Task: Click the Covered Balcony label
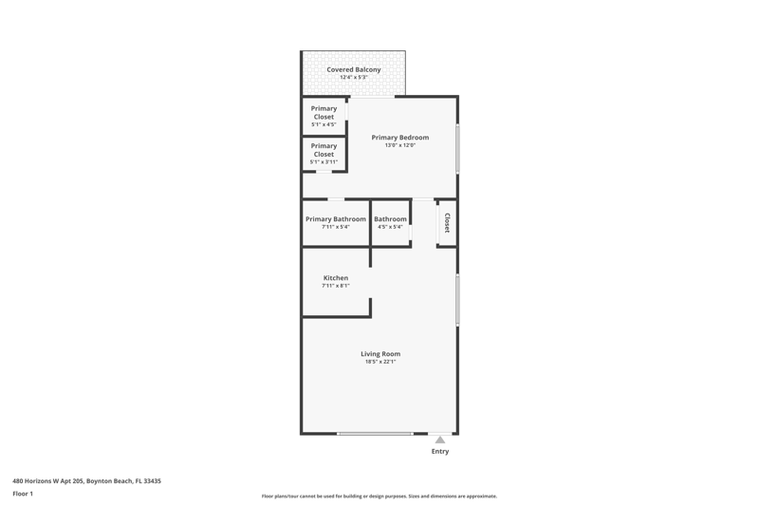tap(353, 69)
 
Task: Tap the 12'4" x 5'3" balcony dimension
tap(353, 78)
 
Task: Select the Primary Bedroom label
tap(399, 138)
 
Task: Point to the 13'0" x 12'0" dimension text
tap(399, 145)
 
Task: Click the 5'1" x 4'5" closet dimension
tap(324, 125)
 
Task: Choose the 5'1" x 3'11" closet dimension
tap(324, 162)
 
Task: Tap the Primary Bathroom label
tap(336, 219)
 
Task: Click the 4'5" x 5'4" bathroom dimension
tap(390, 227)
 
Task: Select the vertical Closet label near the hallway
tap(447, 223)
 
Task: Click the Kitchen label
tap(336, 278)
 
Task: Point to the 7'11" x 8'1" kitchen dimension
tap(336, 286)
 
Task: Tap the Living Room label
tap(380, 354)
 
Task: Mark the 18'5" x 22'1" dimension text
tap(380, 362)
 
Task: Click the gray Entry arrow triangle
tap(439, 440)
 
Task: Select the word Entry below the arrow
tap(440, 451)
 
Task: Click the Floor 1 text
tap(23, 494)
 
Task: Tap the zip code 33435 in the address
tap(153, 481)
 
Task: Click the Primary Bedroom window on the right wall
tap(457, 149)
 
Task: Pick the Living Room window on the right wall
tap(457, 300)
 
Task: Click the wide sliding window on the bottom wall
tap(375, 434)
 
